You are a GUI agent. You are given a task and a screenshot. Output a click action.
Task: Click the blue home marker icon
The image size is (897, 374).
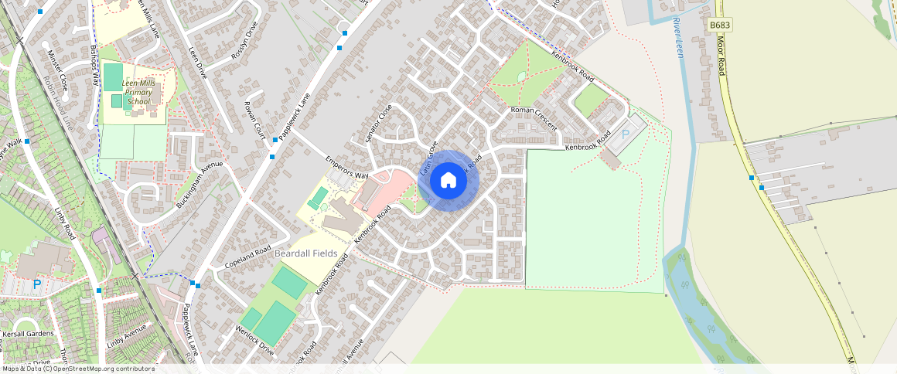448,181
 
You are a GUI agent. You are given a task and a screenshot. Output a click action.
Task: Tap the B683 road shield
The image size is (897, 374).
720,25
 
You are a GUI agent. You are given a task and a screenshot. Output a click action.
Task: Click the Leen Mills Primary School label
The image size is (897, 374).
139,92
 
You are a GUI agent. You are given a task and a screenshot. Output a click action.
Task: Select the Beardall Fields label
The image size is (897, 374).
306,253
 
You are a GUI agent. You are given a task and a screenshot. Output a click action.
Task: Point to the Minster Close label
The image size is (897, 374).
58,70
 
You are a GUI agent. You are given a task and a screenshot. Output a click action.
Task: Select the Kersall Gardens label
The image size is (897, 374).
28,334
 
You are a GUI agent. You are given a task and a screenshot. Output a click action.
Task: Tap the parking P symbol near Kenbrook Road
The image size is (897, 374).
625,134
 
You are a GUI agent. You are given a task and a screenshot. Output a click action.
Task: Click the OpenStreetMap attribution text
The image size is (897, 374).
78,369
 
